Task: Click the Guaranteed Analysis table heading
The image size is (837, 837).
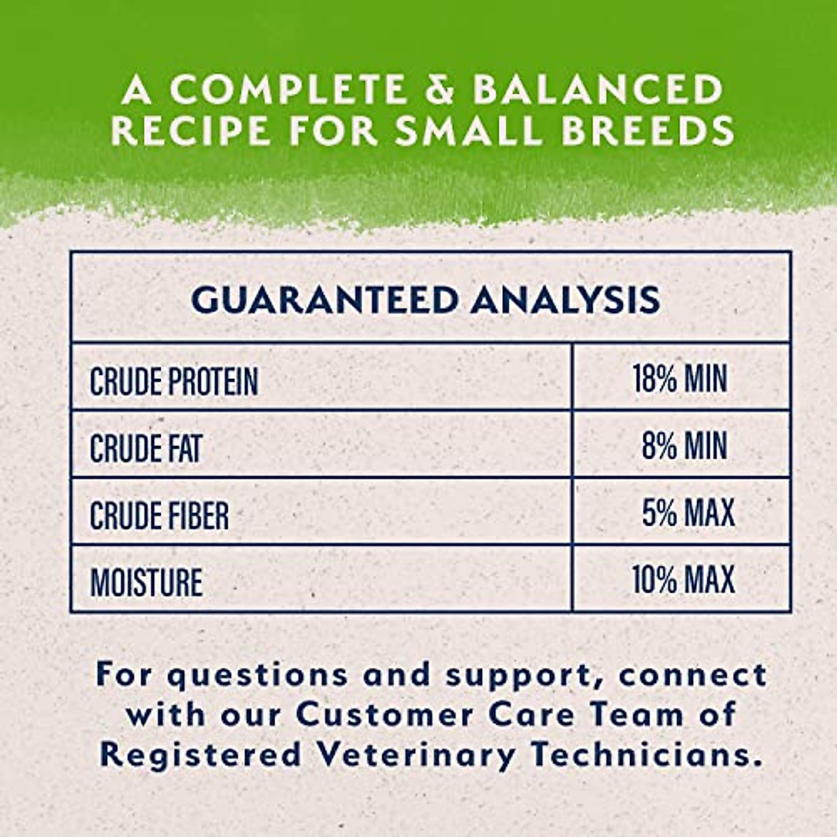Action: [x=425, y=299]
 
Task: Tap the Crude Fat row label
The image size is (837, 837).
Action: [x=145, y=448]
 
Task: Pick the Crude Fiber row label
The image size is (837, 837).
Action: [x=159, y=515]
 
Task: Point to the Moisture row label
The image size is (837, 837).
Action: [x=146, y=582]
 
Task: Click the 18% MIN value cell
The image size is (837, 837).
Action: [x=680, y=378]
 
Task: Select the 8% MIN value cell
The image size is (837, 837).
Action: [x=684, y=446]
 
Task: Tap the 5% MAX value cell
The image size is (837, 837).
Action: [x=688, y=513]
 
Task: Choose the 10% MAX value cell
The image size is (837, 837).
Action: [x=683, y=580]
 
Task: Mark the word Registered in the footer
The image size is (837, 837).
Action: [x=199, y=755]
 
